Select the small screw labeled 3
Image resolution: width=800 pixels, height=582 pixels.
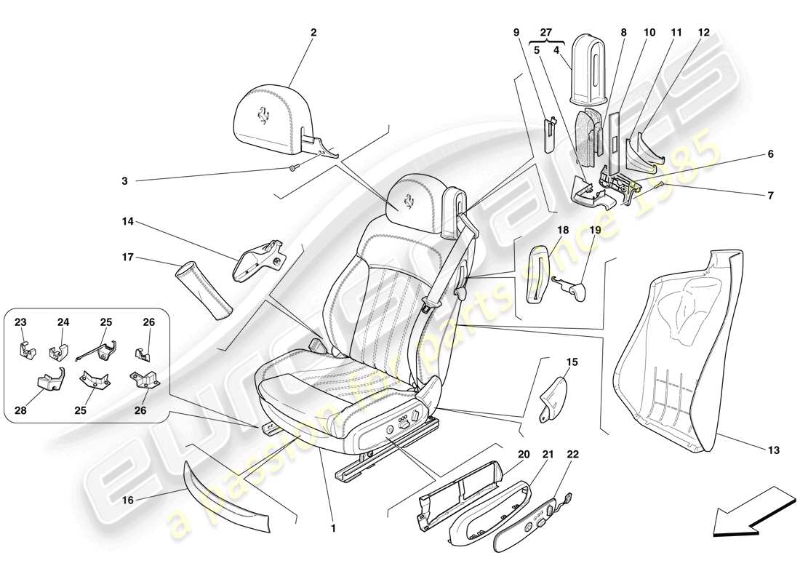[x=292, y=169]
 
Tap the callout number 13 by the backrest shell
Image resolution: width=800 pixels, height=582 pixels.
[x=773, y=451]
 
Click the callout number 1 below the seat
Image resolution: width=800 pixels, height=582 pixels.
[x=333, y=529]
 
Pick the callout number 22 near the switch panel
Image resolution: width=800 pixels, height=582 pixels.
[x=573, y=455]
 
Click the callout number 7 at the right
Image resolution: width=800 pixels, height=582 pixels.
[x=770, y=196]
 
